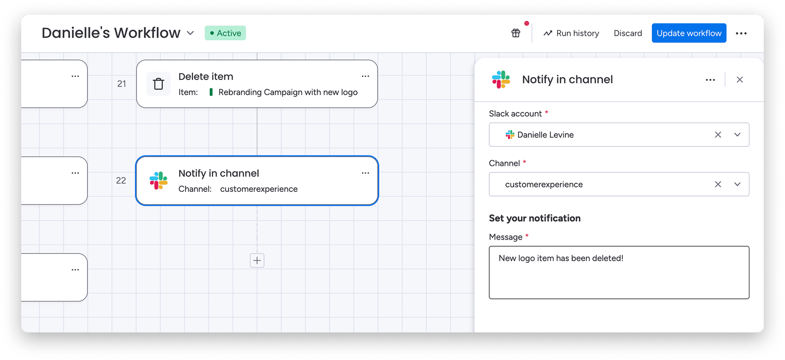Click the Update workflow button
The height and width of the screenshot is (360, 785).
pos(689,33)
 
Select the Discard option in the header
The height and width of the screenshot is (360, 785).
pos(628,33)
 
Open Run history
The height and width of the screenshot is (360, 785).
pos(571,33)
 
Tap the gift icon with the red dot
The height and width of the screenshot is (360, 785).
pos(516,33)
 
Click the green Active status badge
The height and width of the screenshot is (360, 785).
pos(225,33)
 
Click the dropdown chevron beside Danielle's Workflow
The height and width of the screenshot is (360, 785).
pos(191,33)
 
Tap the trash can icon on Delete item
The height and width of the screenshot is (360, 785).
pos(159,84)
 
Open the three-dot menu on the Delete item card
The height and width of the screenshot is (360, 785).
pos(365,76)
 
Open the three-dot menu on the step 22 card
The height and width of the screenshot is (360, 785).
pos(365,173)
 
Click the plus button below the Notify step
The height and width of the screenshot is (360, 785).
pos(257,260)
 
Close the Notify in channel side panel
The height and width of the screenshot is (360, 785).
pos(740,80)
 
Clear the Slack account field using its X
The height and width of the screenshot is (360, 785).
pos(718,135)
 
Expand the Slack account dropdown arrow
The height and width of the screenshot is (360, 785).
pos(737,135)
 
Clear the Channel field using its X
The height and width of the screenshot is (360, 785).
pos(718,184)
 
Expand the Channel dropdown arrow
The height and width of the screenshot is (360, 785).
pos(737,184)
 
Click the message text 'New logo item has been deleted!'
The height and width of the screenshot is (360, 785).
pos(561,258)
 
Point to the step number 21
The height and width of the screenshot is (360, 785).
pos(122,84)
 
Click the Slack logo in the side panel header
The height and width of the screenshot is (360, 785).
pos(501,79)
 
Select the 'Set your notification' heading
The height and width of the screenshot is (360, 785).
pos(535,218)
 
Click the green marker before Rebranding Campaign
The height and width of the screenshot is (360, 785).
pos(211,92)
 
